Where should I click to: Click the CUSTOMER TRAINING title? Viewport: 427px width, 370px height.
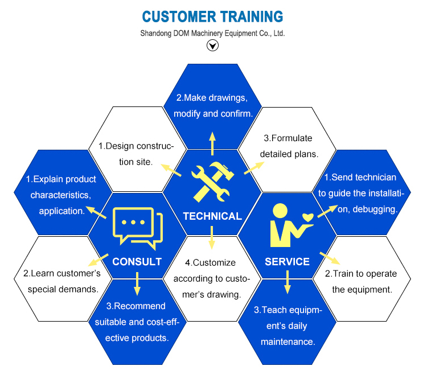[x=212, y=17]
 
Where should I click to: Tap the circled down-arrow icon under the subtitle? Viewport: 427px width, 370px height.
[x=212, y=45]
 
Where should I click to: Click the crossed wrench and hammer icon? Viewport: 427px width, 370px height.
[x=212, y=182]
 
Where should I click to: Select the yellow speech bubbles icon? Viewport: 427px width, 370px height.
[x=138, y=228]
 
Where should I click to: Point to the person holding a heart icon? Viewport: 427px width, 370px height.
[x=291, y=225]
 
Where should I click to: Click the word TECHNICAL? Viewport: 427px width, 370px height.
[x=212, y=216]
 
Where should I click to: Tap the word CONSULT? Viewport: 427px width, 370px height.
[x=137, y=262]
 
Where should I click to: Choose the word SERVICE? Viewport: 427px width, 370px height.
[x=288, y=262]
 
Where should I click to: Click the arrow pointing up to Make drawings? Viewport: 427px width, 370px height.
[x=212, y=144]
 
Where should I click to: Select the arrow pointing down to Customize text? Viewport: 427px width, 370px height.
[x=212, y=238]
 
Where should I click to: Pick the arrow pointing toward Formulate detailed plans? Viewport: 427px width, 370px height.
[x=254, y=168]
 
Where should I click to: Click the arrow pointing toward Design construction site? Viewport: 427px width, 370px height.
[x=171, y=170]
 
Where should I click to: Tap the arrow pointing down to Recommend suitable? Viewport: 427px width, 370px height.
[x=137, y=284]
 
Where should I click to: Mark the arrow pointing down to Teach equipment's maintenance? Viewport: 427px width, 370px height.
[x=288, y=282]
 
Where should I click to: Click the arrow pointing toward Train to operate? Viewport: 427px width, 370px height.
[x=330, y=258]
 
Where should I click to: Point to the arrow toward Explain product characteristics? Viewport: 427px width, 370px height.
[x=96, y=212]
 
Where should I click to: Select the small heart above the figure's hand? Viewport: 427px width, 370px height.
[x=308, y=217]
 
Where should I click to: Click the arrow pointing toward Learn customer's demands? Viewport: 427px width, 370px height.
[x=98, y=260]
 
